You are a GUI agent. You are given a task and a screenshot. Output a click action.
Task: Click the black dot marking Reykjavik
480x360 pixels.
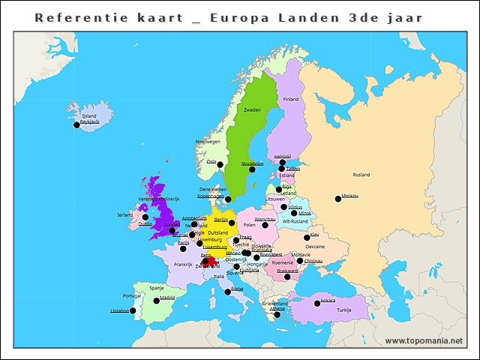tap(76, 125)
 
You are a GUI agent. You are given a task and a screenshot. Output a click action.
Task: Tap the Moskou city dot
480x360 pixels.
tap(337, 199)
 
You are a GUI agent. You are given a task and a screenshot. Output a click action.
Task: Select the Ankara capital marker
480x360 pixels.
tap(316, 304)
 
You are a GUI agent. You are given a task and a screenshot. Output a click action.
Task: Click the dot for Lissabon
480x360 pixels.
tap(133, 310)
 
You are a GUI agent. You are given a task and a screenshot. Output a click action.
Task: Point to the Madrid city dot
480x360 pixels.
tap(157, 301)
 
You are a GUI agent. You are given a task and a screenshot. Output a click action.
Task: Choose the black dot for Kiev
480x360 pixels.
tap(307, 238)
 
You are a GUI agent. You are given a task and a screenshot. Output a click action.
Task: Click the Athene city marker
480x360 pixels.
tap(277, 314)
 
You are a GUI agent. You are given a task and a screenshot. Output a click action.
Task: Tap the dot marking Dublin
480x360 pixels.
tap(145, 217)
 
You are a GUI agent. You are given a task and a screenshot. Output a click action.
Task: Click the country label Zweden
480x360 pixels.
tap(252, 109)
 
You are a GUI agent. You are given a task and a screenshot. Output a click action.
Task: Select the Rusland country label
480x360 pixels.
tap(361, 175)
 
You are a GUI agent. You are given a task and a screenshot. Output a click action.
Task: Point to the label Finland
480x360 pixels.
tap(291, 99)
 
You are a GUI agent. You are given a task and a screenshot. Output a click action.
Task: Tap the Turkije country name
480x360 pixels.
tap(343, 310)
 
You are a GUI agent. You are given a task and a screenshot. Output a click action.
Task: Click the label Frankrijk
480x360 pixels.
tap(184, 264)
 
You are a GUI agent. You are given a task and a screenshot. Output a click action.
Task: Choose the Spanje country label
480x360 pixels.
tap(157, 287)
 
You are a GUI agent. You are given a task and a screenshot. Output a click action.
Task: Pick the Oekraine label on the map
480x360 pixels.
tap(315, 246)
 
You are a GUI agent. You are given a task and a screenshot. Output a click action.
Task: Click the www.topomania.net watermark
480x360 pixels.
tap(424, 340)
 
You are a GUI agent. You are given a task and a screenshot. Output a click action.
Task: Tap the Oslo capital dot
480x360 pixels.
tap(220, 165)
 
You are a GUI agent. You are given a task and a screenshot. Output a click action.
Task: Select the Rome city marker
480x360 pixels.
tap(228, 292)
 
